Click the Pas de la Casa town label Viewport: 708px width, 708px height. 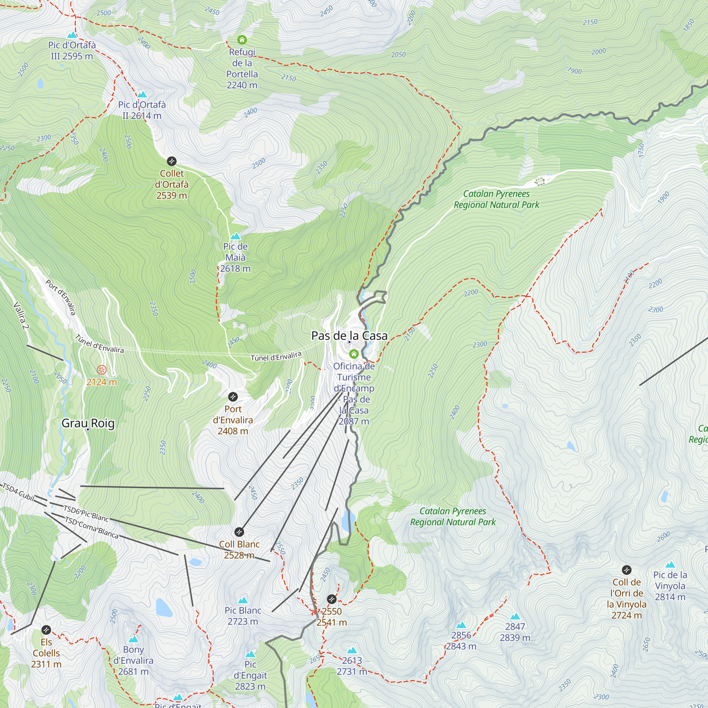point(349,336)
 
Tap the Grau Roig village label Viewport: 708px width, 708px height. point(88,423)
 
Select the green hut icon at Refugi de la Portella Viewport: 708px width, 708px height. point(242,40)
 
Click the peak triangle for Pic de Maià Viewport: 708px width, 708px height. point(235,236)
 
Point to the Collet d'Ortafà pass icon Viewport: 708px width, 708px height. point(171,161)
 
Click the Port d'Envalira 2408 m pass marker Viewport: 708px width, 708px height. point(233,396)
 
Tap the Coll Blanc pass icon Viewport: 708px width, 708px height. point(239,532)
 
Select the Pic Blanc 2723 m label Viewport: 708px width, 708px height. point(242,616)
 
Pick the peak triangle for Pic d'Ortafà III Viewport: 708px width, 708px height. point(72,35)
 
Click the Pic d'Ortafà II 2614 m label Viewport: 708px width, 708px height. point(142,110)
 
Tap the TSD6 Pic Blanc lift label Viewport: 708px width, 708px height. point(86,513)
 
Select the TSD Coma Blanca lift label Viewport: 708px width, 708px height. point(92,528)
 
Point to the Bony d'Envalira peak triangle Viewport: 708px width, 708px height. point(133,639)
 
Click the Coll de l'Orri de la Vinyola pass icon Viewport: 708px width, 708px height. point(627,570)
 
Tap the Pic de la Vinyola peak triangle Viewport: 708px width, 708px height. point(670,565)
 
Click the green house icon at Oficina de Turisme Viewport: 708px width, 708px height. point(354,354)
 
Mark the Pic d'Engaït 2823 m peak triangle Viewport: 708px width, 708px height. point(250,654)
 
